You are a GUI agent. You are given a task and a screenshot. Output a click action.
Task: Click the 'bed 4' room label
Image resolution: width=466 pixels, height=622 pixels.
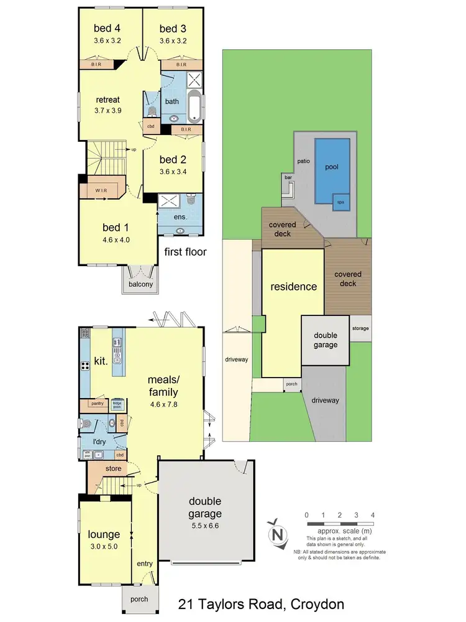pos(104,29)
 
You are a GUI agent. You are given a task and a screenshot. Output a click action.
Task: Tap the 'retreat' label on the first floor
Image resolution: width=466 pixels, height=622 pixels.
pos(107,100)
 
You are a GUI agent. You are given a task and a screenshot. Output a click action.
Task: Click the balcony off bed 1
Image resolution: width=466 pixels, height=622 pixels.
pos(140,284)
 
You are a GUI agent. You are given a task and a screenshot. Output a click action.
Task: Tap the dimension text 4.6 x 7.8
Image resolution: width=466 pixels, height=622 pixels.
pos(163,404)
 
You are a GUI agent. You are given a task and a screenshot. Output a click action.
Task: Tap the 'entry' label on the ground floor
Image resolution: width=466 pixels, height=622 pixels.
pos(144,564)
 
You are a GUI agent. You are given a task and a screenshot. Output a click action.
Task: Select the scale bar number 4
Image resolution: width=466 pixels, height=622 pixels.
pos(372,515)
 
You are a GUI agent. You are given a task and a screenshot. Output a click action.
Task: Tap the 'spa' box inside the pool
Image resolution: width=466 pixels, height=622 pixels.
pos(340,202)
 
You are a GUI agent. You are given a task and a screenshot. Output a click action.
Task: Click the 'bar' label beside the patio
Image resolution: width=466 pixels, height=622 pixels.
pos(288,177)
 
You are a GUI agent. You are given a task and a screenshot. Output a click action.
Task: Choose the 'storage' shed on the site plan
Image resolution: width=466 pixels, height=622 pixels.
pos(360,328)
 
